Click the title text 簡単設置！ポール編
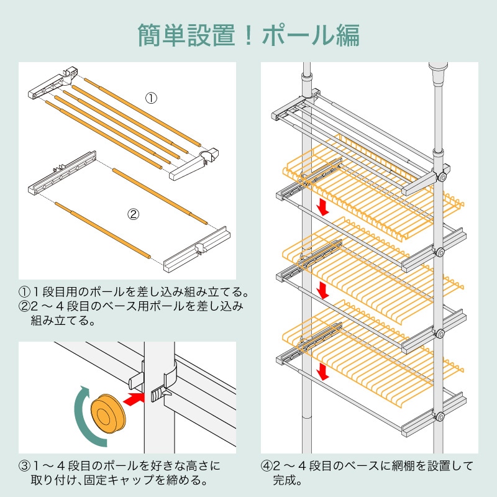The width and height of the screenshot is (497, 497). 248,35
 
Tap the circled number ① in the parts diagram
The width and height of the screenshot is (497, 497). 151,98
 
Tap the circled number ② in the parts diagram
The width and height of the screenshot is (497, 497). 133,214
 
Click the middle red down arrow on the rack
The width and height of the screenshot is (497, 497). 322,290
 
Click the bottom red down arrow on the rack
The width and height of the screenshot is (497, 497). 322,371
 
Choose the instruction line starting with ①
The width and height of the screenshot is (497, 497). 134,291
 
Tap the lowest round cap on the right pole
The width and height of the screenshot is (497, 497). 440,417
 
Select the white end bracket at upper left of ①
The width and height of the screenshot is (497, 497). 53,84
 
